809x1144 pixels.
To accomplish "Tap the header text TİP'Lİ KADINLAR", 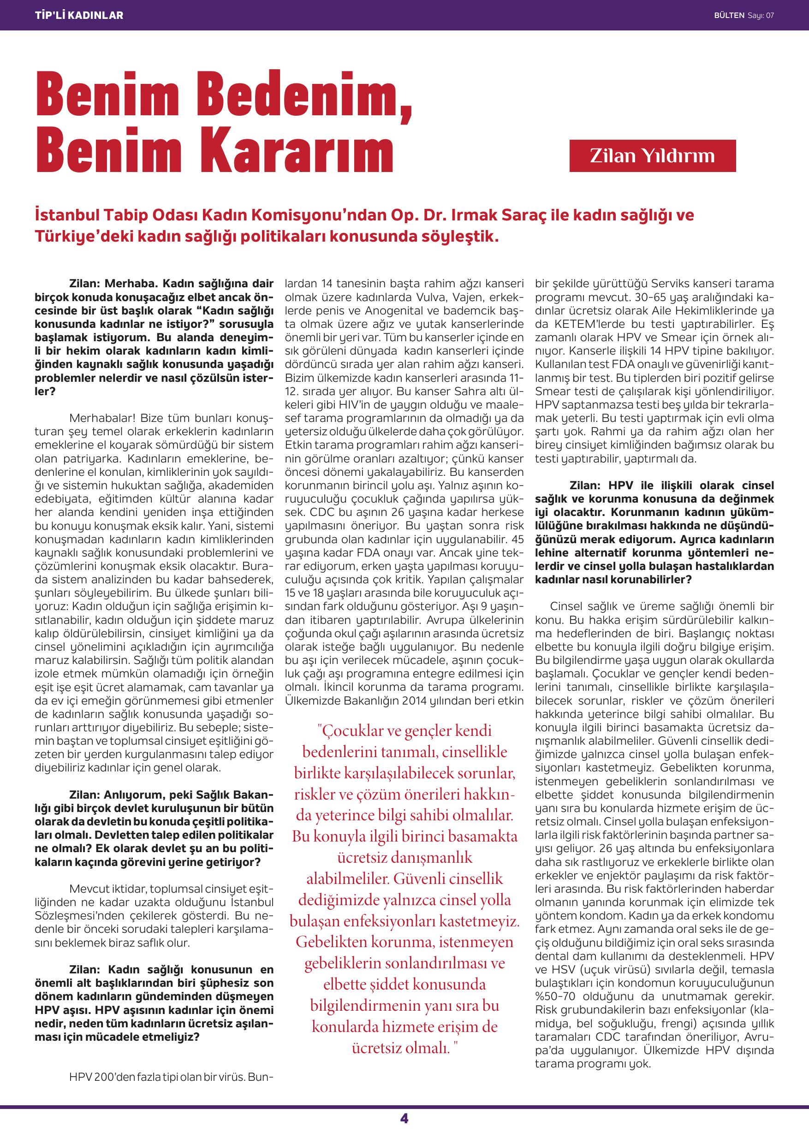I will [x=79, y=15].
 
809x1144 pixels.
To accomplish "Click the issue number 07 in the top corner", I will [x=770, y=15].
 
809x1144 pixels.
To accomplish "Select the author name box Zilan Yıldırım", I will [x=652, y=156].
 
